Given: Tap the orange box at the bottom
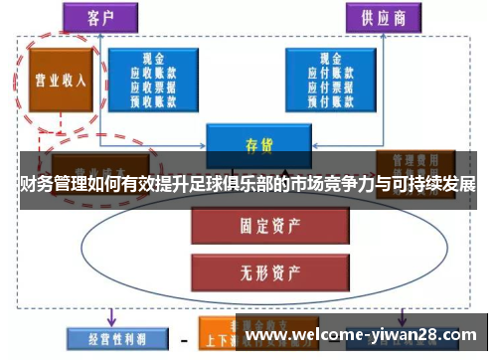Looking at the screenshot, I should pos(230,334).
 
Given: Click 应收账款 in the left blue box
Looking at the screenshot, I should pos(159,72).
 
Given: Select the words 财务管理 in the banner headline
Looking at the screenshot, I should pos(51,184).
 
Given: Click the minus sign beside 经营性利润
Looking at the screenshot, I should pos(183,339).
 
